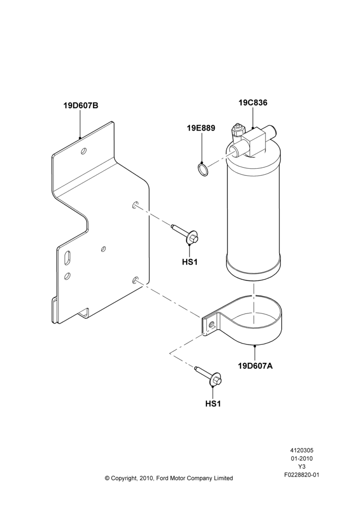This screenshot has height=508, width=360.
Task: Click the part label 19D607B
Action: tap(80, 106)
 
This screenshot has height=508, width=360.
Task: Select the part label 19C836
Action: tap(253, 103)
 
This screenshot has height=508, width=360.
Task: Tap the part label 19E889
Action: tap(201, 128)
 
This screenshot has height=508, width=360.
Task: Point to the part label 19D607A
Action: tap(255, 366)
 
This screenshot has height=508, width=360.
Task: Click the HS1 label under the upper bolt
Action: tap(190, 262)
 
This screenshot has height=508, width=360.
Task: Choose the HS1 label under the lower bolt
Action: tap(213, 404)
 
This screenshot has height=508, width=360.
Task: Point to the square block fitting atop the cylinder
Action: tap(255, 141)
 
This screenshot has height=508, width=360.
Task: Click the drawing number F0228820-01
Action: tap(302, 475)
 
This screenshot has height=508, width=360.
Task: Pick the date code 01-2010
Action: tap(302, 458)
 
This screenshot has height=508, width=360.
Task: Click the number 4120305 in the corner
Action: tap(302, 450)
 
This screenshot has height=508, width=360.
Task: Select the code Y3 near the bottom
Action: tap(302, 467)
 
